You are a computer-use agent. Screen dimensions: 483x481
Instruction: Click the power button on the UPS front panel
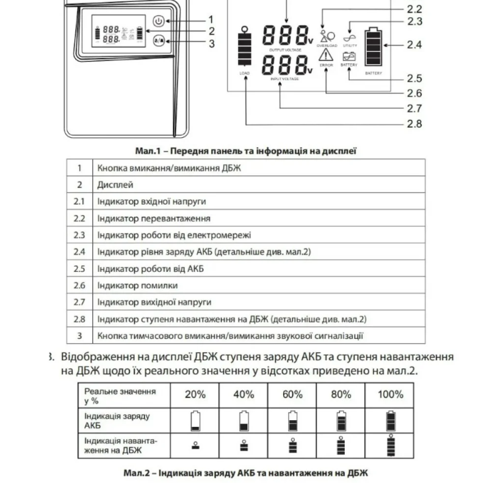(158, 21)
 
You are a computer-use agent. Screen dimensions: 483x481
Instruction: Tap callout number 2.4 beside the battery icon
(414, 45)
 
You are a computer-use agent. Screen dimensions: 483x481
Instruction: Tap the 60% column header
(292, 394)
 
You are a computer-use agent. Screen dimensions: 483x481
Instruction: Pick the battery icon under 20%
(195, 421)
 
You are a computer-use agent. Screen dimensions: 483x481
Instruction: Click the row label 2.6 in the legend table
(79, 285)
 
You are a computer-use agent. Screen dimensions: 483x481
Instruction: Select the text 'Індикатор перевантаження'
(154, 218)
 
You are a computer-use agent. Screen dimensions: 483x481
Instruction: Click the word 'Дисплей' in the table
(115, 184)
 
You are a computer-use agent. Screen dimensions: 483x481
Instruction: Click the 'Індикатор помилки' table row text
(137, 285)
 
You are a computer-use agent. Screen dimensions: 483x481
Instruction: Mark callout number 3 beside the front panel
(211, 43)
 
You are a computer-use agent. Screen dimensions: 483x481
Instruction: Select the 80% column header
(341, 394)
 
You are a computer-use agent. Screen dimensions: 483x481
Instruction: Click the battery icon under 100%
(390, 421)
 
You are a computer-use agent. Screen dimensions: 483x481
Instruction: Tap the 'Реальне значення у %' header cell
(120, 395)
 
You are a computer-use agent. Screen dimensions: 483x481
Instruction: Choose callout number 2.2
(414, 9)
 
